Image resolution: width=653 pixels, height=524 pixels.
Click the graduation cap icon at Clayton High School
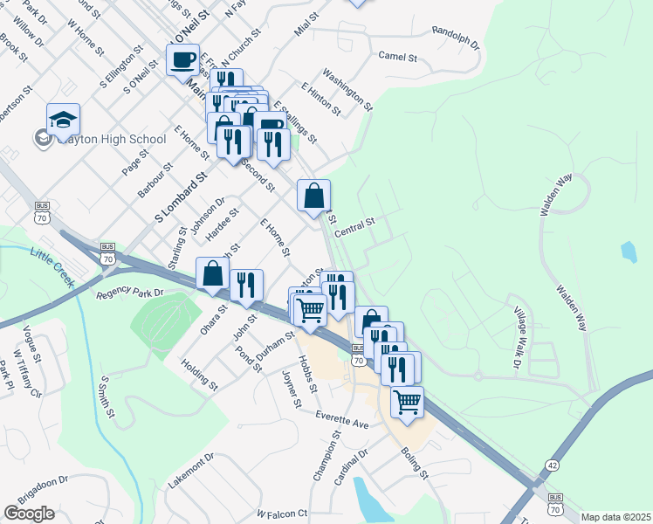coord(63,119)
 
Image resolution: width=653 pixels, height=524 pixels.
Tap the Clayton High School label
coord(108,139)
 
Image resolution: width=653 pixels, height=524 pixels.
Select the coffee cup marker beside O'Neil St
coord(182,60)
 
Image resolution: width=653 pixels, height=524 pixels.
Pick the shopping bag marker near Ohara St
coord(212,273)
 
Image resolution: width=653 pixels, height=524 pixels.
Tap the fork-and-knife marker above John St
coord(246,284)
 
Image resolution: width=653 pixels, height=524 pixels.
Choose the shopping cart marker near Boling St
coord(407,402)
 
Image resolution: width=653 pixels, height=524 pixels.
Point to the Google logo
coord(29,514)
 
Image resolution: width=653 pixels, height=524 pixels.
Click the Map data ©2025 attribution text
coord(615,517)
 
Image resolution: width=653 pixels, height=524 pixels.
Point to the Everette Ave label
coord(343,417)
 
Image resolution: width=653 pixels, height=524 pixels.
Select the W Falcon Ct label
coord(283,514)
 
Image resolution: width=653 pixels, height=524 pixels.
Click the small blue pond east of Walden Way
coord(629,252)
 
